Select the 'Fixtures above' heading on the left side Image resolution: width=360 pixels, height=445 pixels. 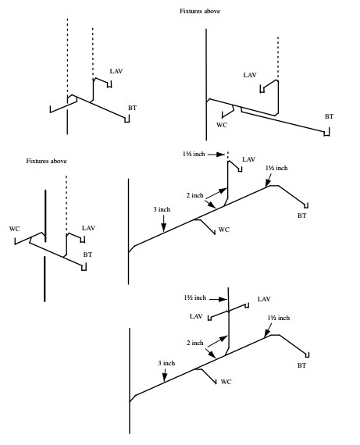(x=46, y=161)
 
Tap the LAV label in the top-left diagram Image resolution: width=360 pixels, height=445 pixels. (x=116, y=71)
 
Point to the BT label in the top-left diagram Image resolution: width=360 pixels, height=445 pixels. (x=133, y=106)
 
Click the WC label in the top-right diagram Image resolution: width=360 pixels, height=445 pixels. (x=221, y=124)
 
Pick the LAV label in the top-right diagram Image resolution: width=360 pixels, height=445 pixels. (x=250, y=75)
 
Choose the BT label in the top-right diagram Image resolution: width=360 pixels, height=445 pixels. (x=330, y=116)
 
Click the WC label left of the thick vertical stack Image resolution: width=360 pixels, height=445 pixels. (x=14, y=229)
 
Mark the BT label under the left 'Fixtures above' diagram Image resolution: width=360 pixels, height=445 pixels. (x=87, y=255)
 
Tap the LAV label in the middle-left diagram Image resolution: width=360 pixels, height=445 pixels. (x=88, y=229)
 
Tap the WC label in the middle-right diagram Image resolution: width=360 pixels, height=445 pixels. (x=224, y=230)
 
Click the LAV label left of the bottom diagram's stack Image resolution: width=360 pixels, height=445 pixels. (x=196, y=316)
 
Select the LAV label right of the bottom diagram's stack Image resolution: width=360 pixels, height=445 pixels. (x=264, y=300)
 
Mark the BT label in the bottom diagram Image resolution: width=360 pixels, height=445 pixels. (x=301, y=365)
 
